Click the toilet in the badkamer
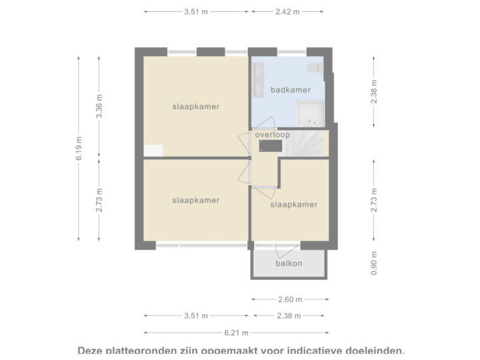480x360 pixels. coord(313,69)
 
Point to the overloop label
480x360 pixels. coord(273,135)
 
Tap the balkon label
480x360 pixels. coord(289,263)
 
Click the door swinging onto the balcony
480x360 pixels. coord(280,251)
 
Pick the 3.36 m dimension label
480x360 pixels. coord(99,107)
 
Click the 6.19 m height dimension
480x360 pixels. coord(79,148)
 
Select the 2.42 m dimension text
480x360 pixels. coord(287,11)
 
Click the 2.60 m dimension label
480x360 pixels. coord(290,299)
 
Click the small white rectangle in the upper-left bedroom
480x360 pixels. coord(153,151)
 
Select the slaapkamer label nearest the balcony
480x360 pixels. coord(293,205)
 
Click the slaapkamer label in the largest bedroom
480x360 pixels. coord(195,106)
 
